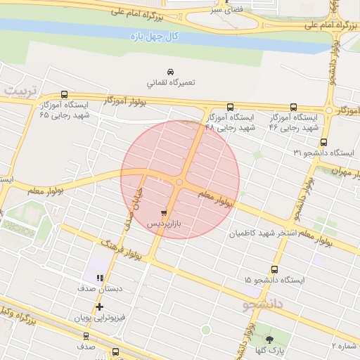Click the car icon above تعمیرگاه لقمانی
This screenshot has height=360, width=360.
click(170, 72)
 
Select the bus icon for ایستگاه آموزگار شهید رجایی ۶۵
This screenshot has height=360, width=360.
click(65, 94)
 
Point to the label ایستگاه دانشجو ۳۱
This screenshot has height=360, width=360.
click(324, 153)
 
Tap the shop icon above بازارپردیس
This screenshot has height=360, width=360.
click(164, 212)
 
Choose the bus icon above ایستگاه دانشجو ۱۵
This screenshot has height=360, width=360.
click(274, 269)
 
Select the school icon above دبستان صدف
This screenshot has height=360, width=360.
click(99, 278)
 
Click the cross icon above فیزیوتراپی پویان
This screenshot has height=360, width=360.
click(99, 307)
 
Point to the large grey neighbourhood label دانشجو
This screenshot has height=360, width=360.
click(262, 304)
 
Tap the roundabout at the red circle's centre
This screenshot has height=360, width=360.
click(179, 181)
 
